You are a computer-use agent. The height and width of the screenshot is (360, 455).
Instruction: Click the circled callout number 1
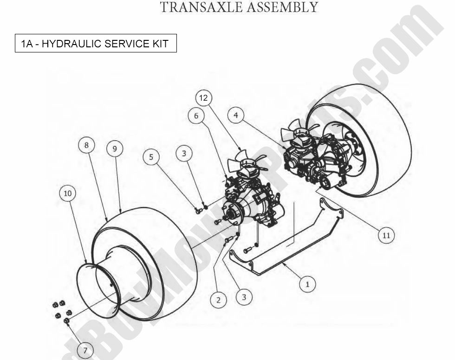point(306,283)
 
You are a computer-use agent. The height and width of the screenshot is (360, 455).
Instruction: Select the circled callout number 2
point(218,299)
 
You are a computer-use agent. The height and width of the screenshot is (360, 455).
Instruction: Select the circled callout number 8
point(114,148)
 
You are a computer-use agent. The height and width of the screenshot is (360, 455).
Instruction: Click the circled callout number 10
point(386,236)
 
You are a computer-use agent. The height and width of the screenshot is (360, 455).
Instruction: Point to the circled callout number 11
point(203,98)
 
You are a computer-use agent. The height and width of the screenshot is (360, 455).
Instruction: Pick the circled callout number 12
point(203,98)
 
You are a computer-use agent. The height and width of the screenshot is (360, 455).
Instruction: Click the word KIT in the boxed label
point(159,45)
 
